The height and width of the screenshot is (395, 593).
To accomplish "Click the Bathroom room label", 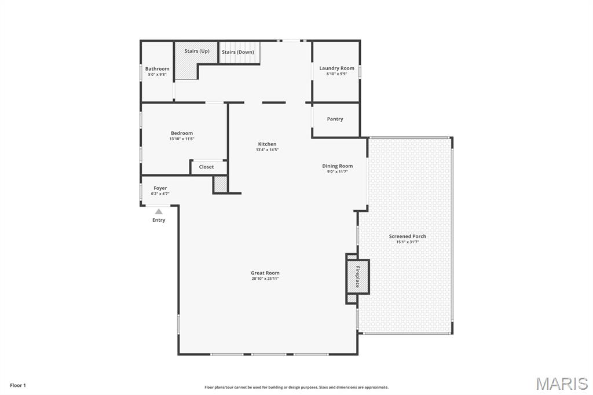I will [157, 69].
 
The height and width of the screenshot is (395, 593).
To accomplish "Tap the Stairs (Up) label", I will [197, 51].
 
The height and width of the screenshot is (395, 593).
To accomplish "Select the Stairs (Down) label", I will [238, 52].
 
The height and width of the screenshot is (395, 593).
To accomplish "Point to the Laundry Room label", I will [336, 68].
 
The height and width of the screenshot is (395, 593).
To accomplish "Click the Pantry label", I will [335, 119].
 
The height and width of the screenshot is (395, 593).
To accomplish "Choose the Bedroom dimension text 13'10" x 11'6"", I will [182, 139].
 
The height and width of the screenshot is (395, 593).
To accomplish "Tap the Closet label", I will [206, 167].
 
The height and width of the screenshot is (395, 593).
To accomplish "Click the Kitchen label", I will [267, 144].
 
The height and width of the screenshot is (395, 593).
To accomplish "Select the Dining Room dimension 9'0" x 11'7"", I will [337, 171].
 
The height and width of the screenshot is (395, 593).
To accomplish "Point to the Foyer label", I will [160, 188].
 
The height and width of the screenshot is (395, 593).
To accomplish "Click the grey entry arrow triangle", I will [159, 211].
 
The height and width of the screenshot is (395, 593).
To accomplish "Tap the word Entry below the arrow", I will [159, 220].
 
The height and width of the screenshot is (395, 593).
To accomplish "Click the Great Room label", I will [265, 273].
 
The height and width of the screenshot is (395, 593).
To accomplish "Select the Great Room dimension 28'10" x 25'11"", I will [265, 279].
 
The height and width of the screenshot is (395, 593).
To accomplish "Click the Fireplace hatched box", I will [357, 277].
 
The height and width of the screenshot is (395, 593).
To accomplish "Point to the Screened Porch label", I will [408, 236].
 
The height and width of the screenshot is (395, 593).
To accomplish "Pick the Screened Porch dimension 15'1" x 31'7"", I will [408, 242].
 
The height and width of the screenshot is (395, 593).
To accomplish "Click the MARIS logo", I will [561, 383].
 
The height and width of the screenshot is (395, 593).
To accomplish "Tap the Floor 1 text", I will [18, 385].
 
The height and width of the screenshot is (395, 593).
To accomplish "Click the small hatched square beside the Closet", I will [220, 184].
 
